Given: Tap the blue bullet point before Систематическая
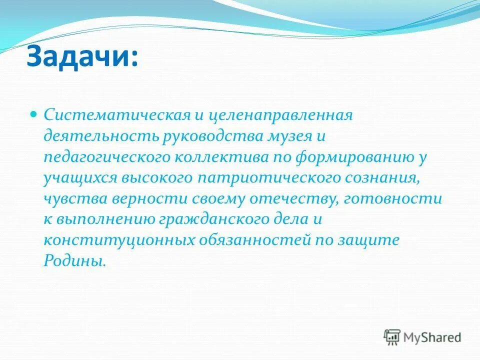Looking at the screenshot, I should [33, 114].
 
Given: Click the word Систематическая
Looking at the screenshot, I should [116, 115].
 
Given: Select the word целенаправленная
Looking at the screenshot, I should [280, 115].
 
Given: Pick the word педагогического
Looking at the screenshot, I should [107, 157].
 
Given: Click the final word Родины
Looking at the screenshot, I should [75, 261].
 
